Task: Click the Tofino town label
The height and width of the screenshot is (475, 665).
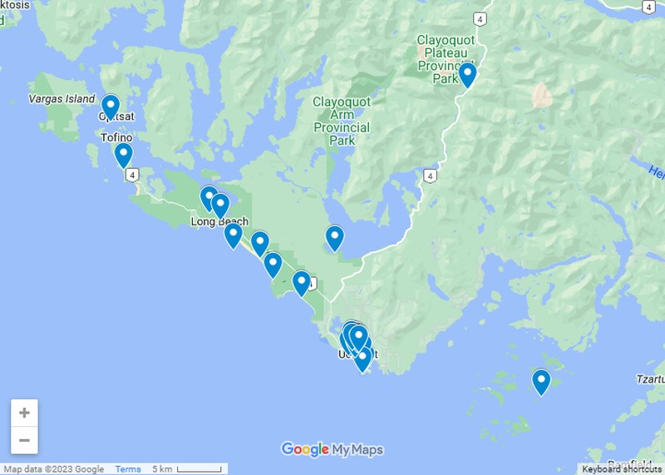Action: coord(116,137)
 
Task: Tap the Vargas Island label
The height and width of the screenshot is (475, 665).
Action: coord(62,99)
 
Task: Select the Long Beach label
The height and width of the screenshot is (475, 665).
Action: coord(219,222)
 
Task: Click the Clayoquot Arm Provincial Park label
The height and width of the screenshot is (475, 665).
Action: coord(341,121)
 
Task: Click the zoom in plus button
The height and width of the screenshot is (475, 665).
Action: coord(25,413)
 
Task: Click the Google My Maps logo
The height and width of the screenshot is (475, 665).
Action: coord(332,450)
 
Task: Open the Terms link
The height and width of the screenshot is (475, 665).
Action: coord(128,469)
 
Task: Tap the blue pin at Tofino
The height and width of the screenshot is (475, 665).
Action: coord(123,155)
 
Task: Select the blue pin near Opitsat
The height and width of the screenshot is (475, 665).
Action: coord(111,106)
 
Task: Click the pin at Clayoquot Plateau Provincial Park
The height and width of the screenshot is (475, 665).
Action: coord(467,74)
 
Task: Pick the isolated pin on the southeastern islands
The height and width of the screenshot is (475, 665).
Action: coord(541,382)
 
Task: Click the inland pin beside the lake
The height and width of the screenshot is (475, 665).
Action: coord(334,238)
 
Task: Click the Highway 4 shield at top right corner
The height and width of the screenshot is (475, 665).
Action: coord(648,6)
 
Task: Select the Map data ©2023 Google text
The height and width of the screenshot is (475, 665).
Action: coord(54,469)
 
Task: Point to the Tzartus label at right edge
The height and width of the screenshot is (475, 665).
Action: coord(650,379)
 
